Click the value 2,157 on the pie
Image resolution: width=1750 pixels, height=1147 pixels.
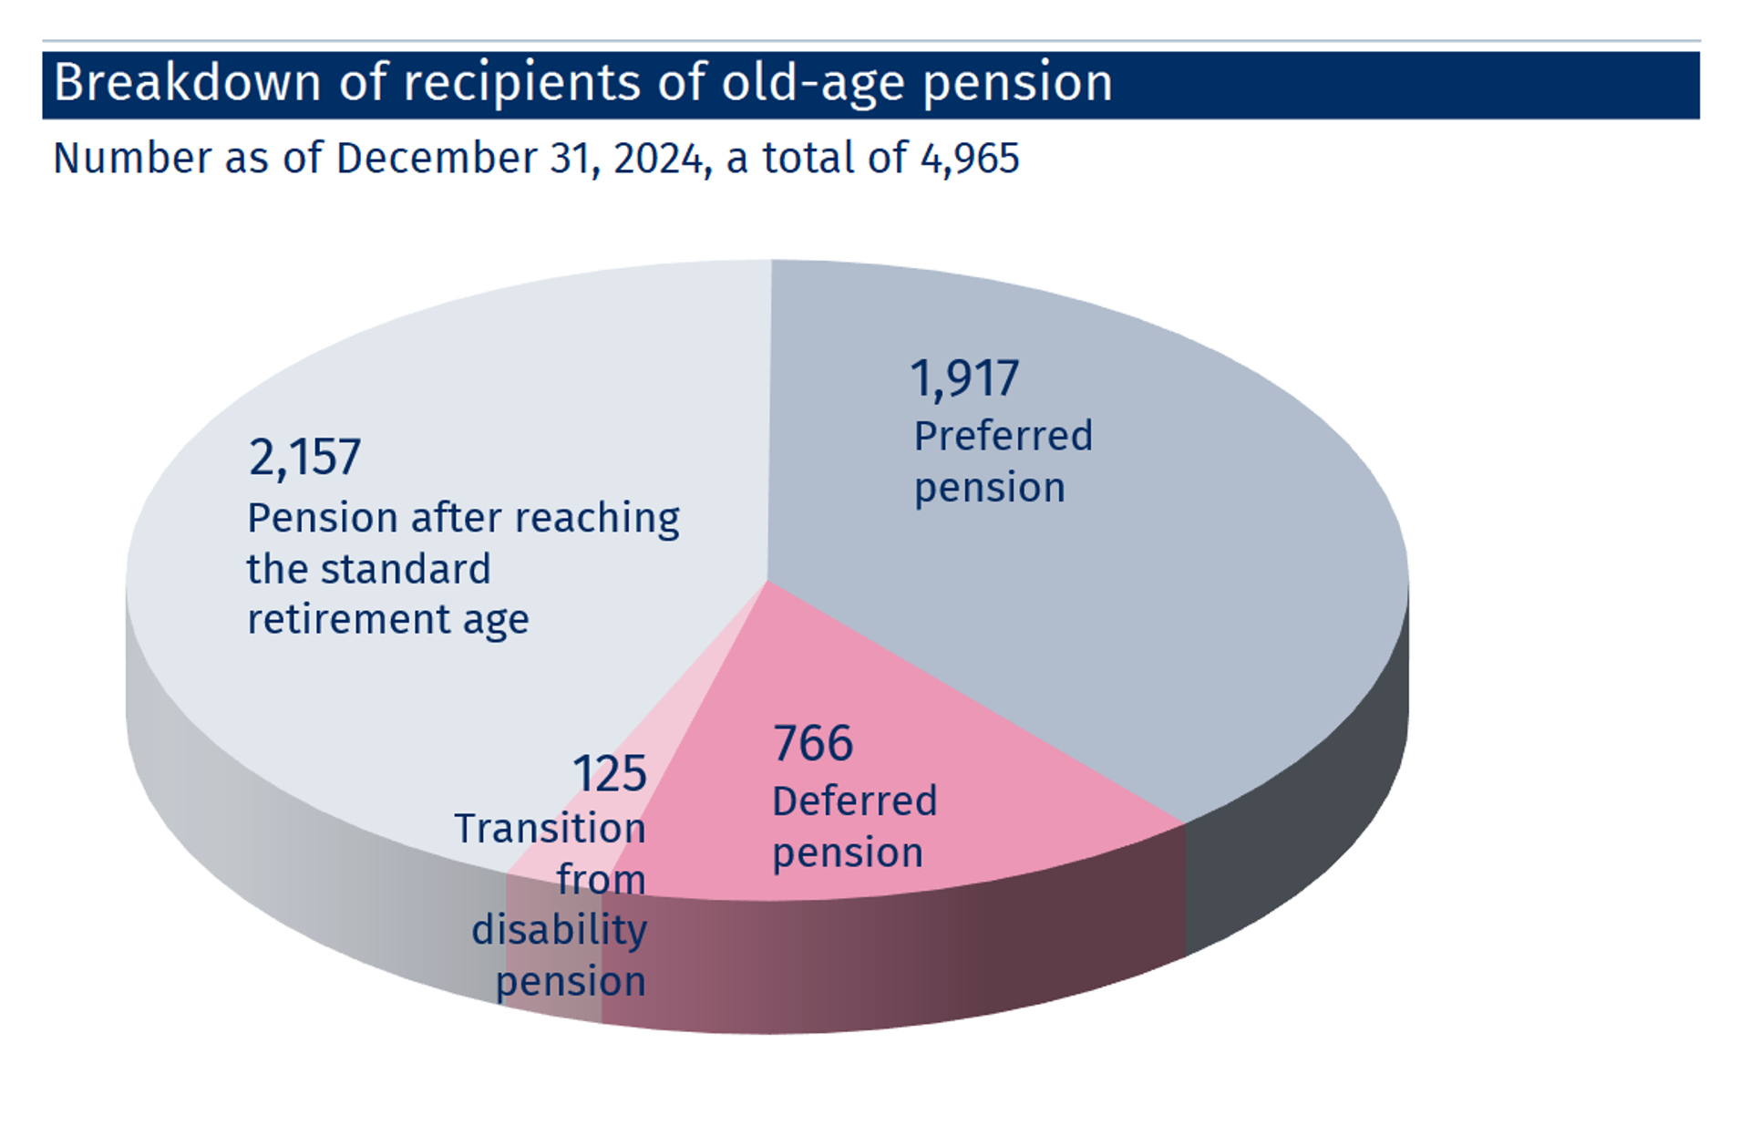pos(304,457)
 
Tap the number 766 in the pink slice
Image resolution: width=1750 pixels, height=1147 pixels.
pos(812,743)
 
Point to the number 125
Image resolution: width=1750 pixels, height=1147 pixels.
pos(609,774)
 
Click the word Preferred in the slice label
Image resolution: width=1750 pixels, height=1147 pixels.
pos(1003,436)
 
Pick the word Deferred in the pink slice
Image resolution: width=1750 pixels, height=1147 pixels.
pos(854,801)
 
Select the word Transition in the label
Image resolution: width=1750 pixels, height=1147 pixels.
pos(550,829)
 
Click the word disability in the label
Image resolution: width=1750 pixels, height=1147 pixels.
pos(559,930)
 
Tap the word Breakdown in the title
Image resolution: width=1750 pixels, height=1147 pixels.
pos(187,83)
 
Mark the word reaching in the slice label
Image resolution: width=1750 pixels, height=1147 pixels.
pos(597,519)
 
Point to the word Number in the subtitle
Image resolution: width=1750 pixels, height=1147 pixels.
pos(133,159)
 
